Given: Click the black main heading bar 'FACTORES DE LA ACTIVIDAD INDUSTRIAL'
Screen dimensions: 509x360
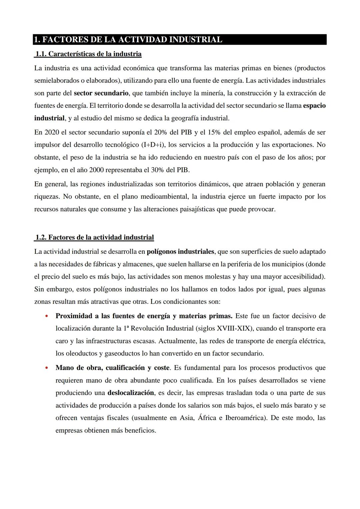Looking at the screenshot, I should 180,40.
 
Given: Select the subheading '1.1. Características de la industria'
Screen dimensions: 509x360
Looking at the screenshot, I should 88,54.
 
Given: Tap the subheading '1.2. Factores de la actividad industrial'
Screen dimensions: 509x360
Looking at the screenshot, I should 94,237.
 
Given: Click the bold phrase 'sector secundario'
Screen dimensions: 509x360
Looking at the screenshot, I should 101,93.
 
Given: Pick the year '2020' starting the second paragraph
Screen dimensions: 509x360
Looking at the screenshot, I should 50,132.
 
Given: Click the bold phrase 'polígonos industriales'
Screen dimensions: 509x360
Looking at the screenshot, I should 180,251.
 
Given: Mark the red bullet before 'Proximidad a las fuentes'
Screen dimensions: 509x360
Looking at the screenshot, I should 46,316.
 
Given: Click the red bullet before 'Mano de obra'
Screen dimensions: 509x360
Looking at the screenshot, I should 46,368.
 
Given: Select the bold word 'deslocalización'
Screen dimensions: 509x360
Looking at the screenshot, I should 131,393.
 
